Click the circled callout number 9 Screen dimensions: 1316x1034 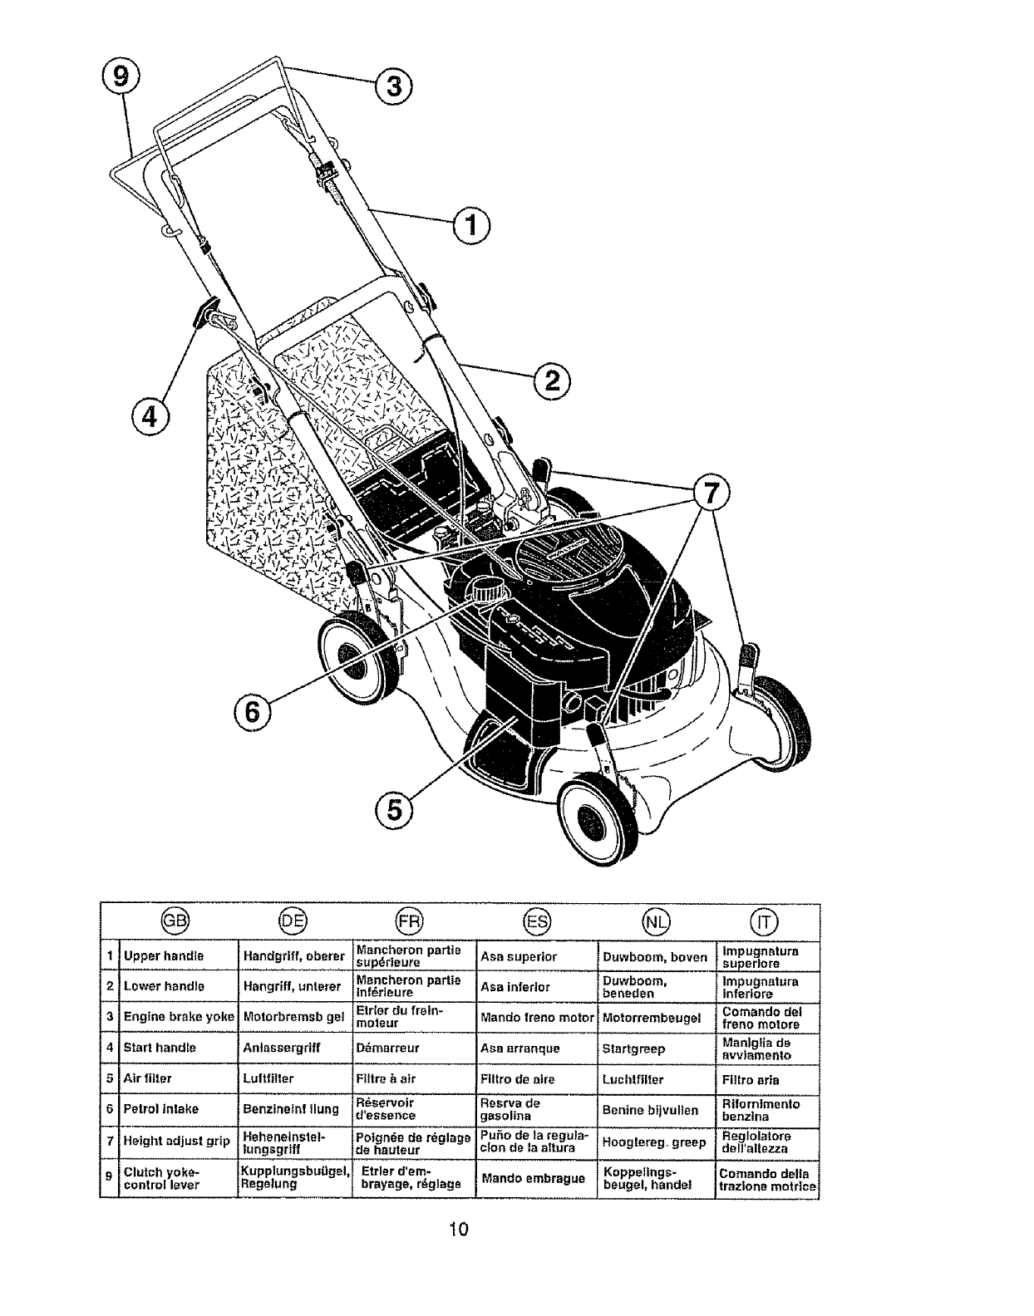(122, 76)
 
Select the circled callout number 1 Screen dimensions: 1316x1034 (471, 223)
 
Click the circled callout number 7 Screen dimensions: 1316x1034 (707, 493)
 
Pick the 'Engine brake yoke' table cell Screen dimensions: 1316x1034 (179, 1017)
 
